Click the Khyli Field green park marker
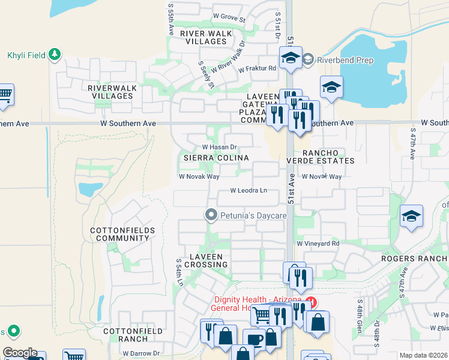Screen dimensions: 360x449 pos(55,55)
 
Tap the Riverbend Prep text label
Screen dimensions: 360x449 pos(345,60)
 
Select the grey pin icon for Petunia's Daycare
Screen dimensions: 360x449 pos(211,214)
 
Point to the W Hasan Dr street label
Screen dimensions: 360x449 pos(220,146)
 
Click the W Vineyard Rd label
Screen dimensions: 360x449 pos(318,244)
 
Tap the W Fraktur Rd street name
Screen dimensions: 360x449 pos(257,68)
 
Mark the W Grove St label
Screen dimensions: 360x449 pos(229,19)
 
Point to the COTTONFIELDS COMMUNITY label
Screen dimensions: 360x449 pos(122,234)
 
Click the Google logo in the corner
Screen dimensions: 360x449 pos(20,353)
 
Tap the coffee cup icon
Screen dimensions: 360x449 pos(254,339)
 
